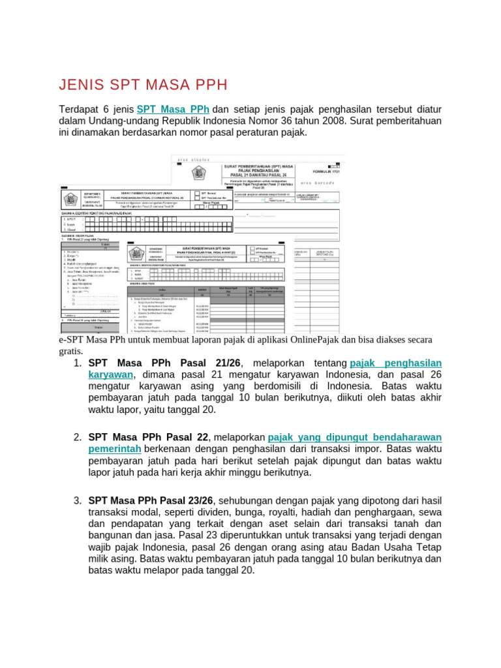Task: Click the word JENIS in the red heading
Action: (x=81, y=85)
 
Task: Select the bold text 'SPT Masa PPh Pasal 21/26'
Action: (x=164, y=363)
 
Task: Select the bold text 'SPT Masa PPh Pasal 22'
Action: (x=148, y=436)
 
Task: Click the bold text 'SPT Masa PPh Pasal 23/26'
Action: (x=151, y=500)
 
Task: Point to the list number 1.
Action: (x=77, y=363)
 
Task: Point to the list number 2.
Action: (x=77, y=436)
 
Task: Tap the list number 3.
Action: (x=77, y=500)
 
